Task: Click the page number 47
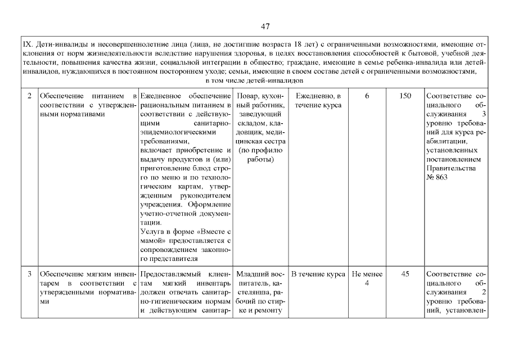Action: click(266, 26)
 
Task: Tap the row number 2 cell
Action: click(29, 96)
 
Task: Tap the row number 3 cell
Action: click(29, 274)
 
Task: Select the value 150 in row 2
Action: click(405, 96)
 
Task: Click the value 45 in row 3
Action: click(405, 274)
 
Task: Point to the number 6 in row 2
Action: click(367, 96)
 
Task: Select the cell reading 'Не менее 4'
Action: click(367, 278)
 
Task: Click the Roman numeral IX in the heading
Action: click(26, 44)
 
